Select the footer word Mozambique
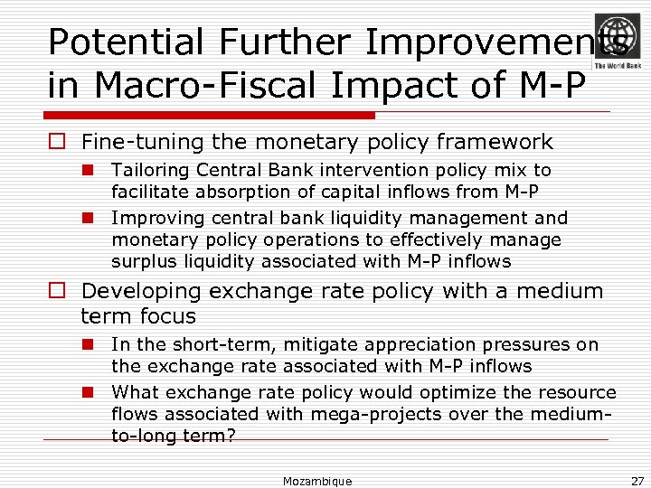[317, 481]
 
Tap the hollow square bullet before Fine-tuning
[57, 143]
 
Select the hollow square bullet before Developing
[57, 291]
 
